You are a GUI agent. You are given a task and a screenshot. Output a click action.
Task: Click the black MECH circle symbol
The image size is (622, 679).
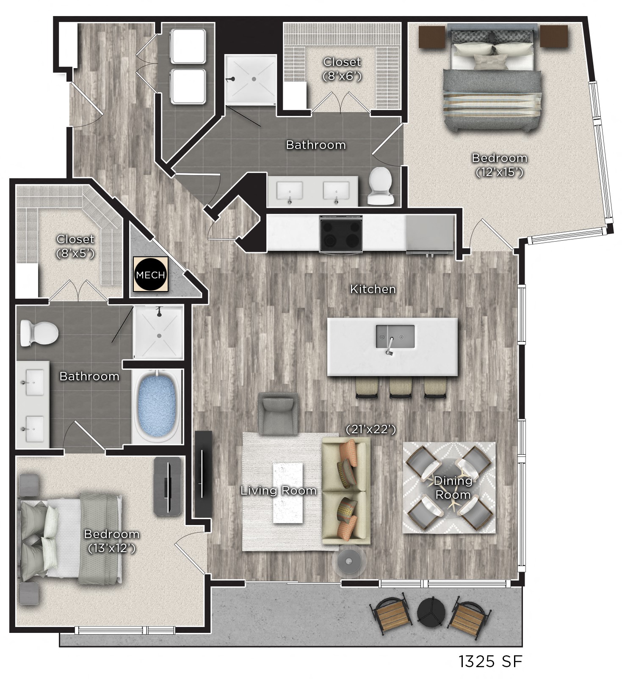point(151,275)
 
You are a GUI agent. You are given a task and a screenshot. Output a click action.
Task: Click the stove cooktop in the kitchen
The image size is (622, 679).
point(341,234)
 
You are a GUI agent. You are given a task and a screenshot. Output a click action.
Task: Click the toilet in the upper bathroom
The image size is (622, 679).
point(380,186)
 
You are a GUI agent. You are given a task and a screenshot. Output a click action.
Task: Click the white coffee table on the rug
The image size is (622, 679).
point(288,493)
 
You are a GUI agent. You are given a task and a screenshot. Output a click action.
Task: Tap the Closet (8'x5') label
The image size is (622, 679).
point(75,246)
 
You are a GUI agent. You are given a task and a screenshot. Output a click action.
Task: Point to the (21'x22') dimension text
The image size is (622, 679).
point(370,429)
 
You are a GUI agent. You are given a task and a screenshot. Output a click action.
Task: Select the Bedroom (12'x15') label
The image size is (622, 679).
point(500,165)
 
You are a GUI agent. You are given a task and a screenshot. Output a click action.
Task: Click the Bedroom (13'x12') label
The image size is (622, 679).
point(112,541)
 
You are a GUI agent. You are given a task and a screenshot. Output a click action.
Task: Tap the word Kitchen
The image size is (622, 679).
point(373,289)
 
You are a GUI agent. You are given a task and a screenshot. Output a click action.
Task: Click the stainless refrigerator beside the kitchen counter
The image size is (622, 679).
point(430,234)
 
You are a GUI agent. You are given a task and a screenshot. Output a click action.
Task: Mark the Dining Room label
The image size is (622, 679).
point(453,488)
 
